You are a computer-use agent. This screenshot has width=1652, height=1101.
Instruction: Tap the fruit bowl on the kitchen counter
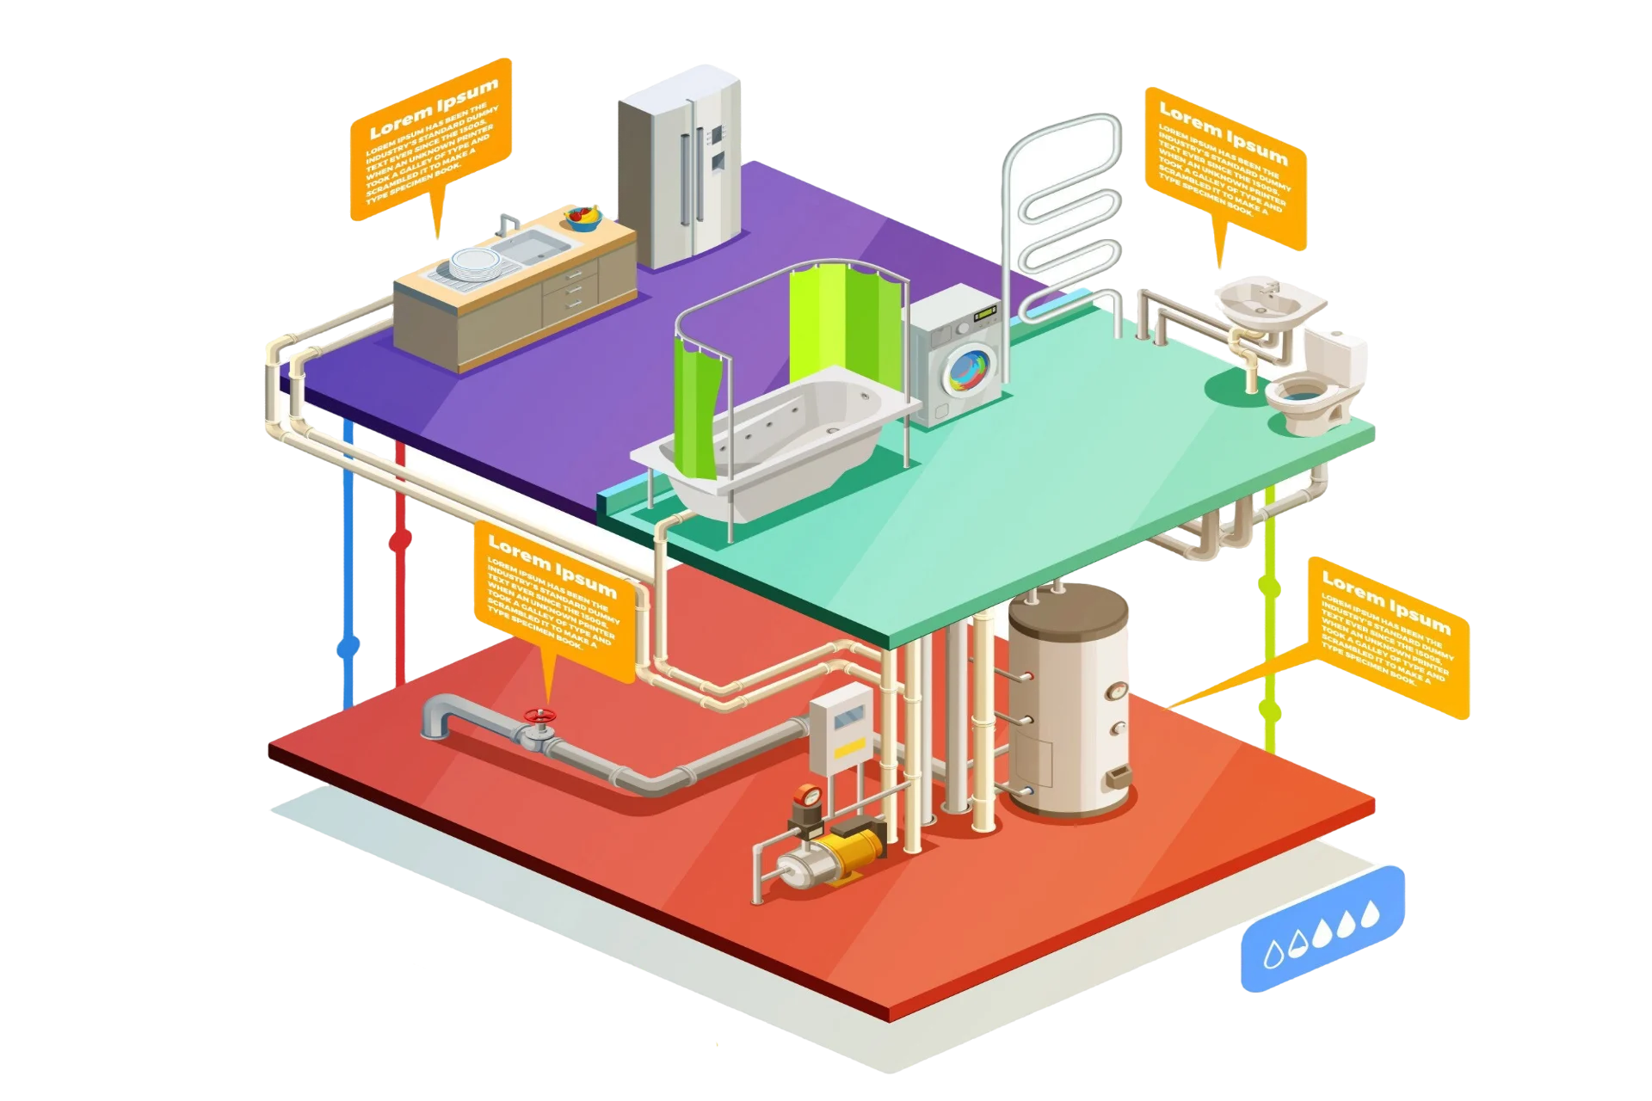coord(583,217)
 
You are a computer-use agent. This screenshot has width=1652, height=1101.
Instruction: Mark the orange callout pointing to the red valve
coord(555,602)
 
